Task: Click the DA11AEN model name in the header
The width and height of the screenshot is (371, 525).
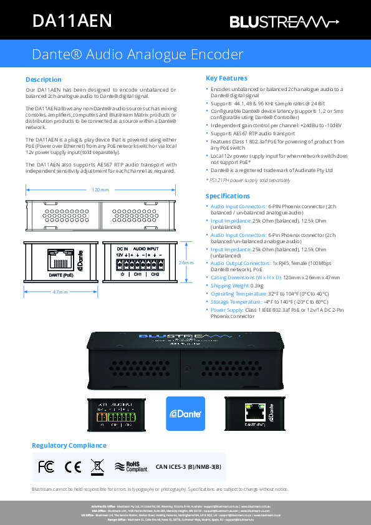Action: (x=72, y=22)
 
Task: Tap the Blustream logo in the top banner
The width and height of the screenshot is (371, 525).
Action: (x=284, y=22)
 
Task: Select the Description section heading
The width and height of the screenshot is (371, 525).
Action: (x=43, y=79)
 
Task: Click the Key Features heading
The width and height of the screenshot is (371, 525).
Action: (x=226, y=79)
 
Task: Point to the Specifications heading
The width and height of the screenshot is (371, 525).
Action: (x=229, y=196)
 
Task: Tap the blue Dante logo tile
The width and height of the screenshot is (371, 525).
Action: (x=185, y=413)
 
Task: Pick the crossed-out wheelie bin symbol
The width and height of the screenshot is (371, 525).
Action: (x=97, y=466)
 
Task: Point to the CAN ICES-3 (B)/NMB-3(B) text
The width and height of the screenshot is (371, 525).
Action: (x=188, y=466)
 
